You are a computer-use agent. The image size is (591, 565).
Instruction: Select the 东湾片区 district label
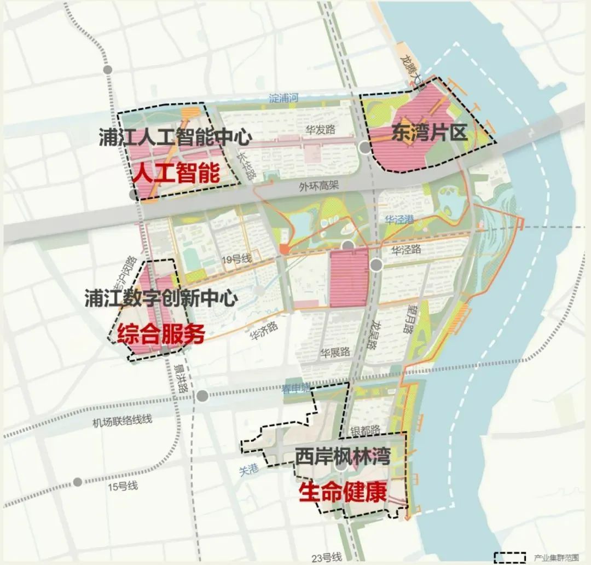tap(429, 132)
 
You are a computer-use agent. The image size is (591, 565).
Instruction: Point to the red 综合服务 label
tap(161, 332)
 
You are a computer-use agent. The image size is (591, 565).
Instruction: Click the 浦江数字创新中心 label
tap(161, 298)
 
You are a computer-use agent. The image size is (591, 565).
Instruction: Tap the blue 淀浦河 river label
tap(284, 99)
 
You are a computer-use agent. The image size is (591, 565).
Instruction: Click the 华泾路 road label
tap(406, 250)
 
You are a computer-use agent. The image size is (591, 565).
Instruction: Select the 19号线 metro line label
tap(237, 258)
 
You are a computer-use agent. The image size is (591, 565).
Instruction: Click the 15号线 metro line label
tap(123, 486)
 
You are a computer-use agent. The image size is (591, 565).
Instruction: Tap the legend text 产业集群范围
tap(552, 558)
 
